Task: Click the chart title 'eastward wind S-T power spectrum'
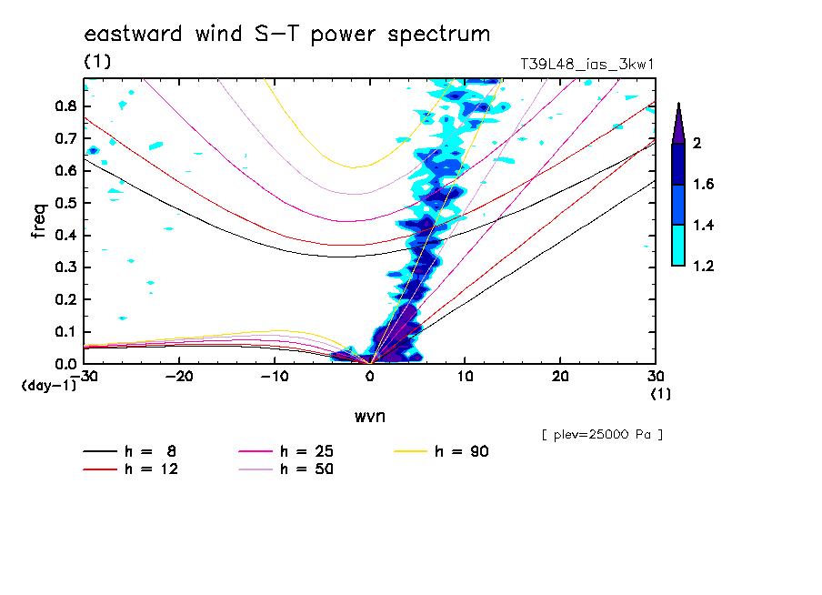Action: click(x=286, y=35)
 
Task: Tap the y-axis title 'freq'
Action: click(x=38, y=221)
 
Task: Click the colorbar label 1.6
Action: click(x=704, y=184)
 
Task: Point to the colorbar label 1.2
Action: click(x=704, y=266)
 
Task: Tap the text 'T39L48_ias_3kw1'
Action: click(x=587, y=65)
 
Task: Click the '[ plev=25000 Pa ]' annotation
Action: click(x=602, y=435)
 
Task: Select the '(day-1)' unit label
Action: click(x=48, y=386)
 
